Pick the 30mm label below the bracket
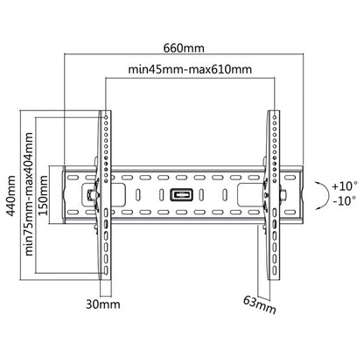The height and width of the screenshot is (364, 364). [104, 305]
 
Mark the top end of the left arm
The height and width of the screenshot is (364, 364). [106, 113]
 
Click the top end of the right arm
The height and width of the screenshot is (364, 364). [273, 113]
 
